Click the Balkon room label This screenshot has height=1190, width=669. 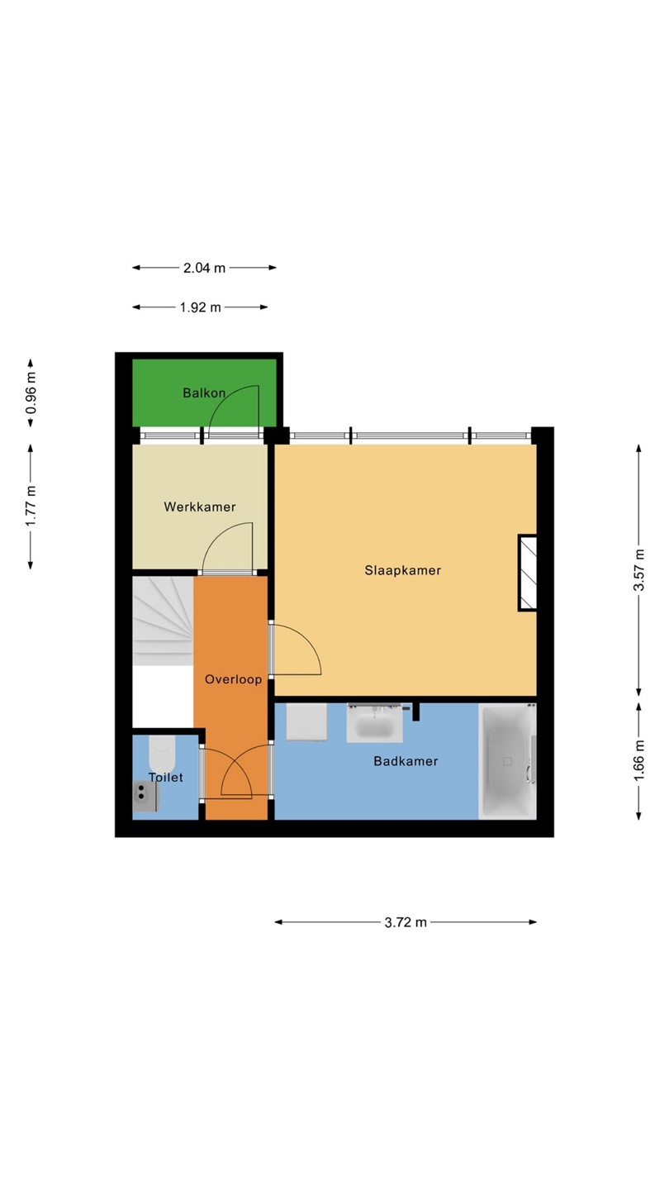pos(204,393)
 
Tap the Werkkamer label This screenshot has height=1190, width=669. pos(200,507)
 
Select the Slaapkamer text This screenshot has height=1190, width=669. pos(402,570)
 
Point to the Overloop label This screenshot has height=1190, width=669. pos(233,679)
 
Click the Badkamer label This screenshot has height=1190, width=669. pos(406,761)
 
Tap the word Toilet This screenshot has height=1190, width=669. pos(166,777)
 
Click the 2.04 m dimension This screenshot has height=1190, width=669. pos(205,268)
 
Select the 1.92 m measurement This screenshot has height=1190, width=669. pos(200,307)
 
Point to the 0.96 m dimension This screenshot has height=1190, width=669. pos(31,393)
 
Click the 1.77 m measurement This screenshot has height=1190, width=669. pos(31,507)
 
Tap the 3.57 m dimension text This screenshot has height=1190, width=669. pos(639,570)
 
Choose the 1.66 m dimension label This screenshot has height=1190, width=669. pos(639,761)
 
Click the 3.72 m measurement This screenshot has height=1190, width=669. pos(406,922)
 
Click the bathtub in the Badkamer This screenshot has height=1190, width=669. pos(507,761)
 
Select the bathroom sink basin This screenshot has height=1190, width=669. pos(374,724)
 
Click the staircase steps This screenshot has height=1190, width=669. pos(163,621)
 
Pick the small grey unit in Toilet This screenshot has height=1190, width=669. pos(146,797)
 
